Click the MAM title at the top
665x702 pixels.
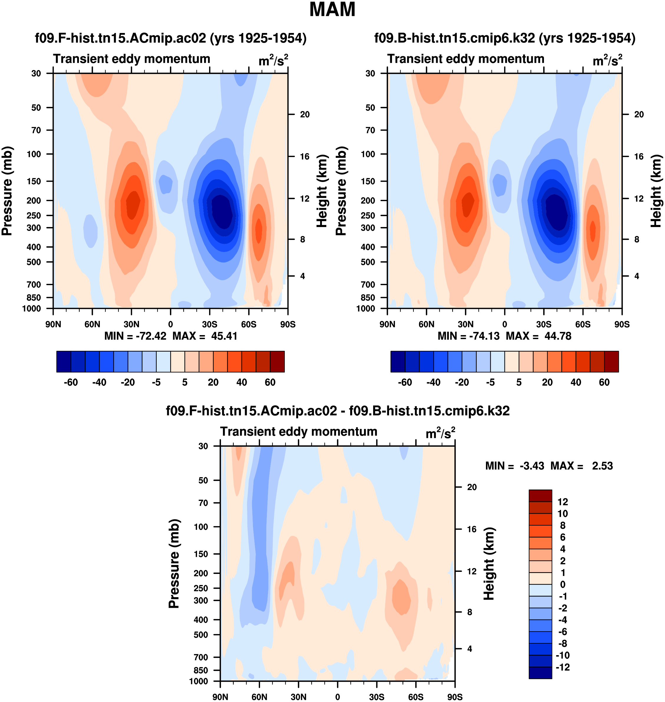[x=332, y=9]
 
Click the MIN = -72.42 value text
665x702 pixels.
[x=135, y=336]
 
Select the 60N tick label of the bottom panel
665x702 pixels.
[x=259, y=697]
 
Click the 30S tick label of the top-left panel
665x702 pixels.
[x=209, y=324]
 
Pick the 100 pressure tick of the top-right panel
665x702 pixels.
[x=368, y=154]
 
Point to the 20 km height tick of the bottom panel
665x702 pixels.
[x=472, y=487]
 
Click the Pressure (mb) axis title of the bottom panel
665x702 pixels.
[x=174, y=563]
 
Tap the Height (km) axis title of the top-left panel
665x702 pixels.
[x=322, y=191]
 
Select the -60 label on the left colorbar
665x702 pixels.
[x=71, y=383]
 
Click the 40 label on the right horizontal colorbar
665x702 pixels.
[x=576, y=383]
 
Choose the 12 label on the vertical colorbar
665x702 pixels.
[x=563, y=502]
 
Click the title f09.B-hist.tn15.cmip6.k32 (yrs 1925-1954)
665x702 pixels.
[x=505, y=38]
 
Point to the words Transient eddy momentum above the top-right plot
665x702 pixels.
[x=465, y=59]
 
